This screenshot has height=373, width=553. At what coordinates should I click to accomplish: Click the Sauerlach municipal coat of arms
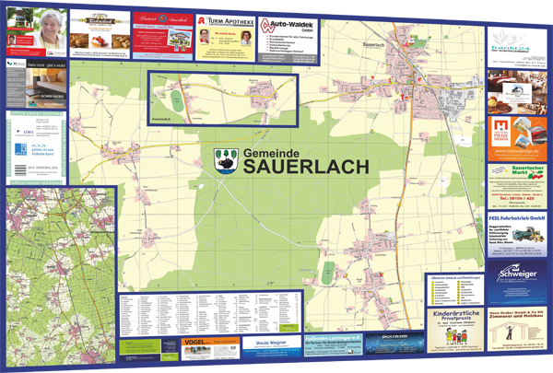point(225,158)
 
